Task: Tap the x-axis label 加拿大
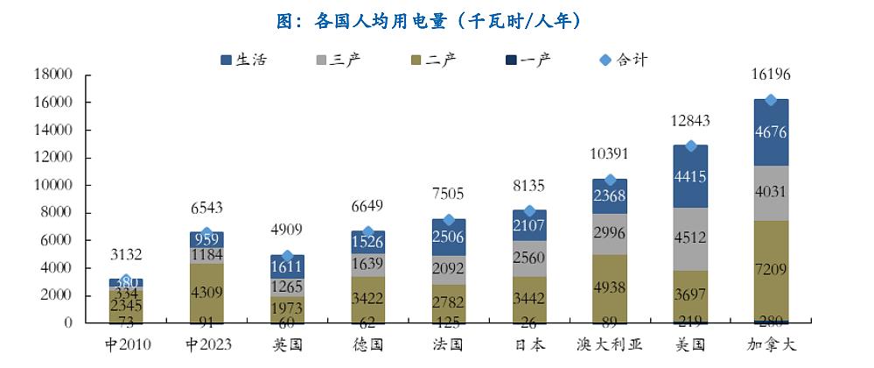coord(771,344)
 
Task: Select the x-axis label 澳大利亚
coord(611,344)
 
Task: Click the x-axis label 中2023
coord(207,344)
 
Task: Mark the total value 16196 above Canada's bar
coord(771,76)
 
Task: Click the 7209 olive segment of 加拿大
coord(771,270)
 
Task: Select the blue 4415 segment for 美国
coord(690,176)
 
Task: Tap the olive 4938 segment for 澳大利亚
coord(611,288)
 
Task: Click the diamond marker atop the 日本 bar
coord(529,211)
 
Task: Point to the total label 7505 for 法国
coord(449,194)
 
